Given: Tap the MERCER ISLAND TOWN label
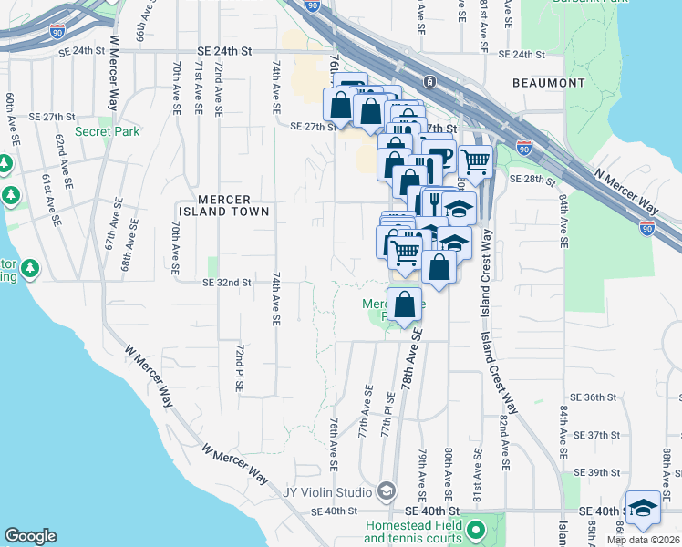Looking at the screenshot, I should pyautogui.click(x=222, y=205).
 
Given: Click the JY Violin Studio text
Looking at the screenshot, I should pyautogui.click(x=327, y=493).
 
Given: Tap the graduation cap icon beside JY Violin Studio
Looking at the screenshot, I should pyautogui.click(x=386, y=492).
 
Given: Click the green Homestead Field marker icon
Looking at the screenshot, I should pyautogui.click(x=474, y=529).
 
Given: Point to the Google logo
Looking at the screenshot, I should pyautogui.click(x=30, y=536).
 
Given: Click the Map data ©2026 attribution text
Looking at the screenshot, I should pyautogui.click(x=644, y=540).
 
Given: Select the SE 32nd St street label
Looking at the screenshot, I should pyautogui.click(x=226, y=283).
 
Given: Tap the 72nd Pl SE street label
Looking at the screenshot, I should pyautogui.click(x=238, y=368).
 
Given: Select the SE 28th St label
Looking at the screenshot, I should pyautogui.click(x=526, y=178).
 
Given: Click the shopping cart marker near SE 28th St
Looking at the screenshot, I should pyautogui.click(x=475, y=161).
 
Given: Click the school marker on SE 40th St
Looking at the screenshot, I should pyautogui.click(x=643, y=507).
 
